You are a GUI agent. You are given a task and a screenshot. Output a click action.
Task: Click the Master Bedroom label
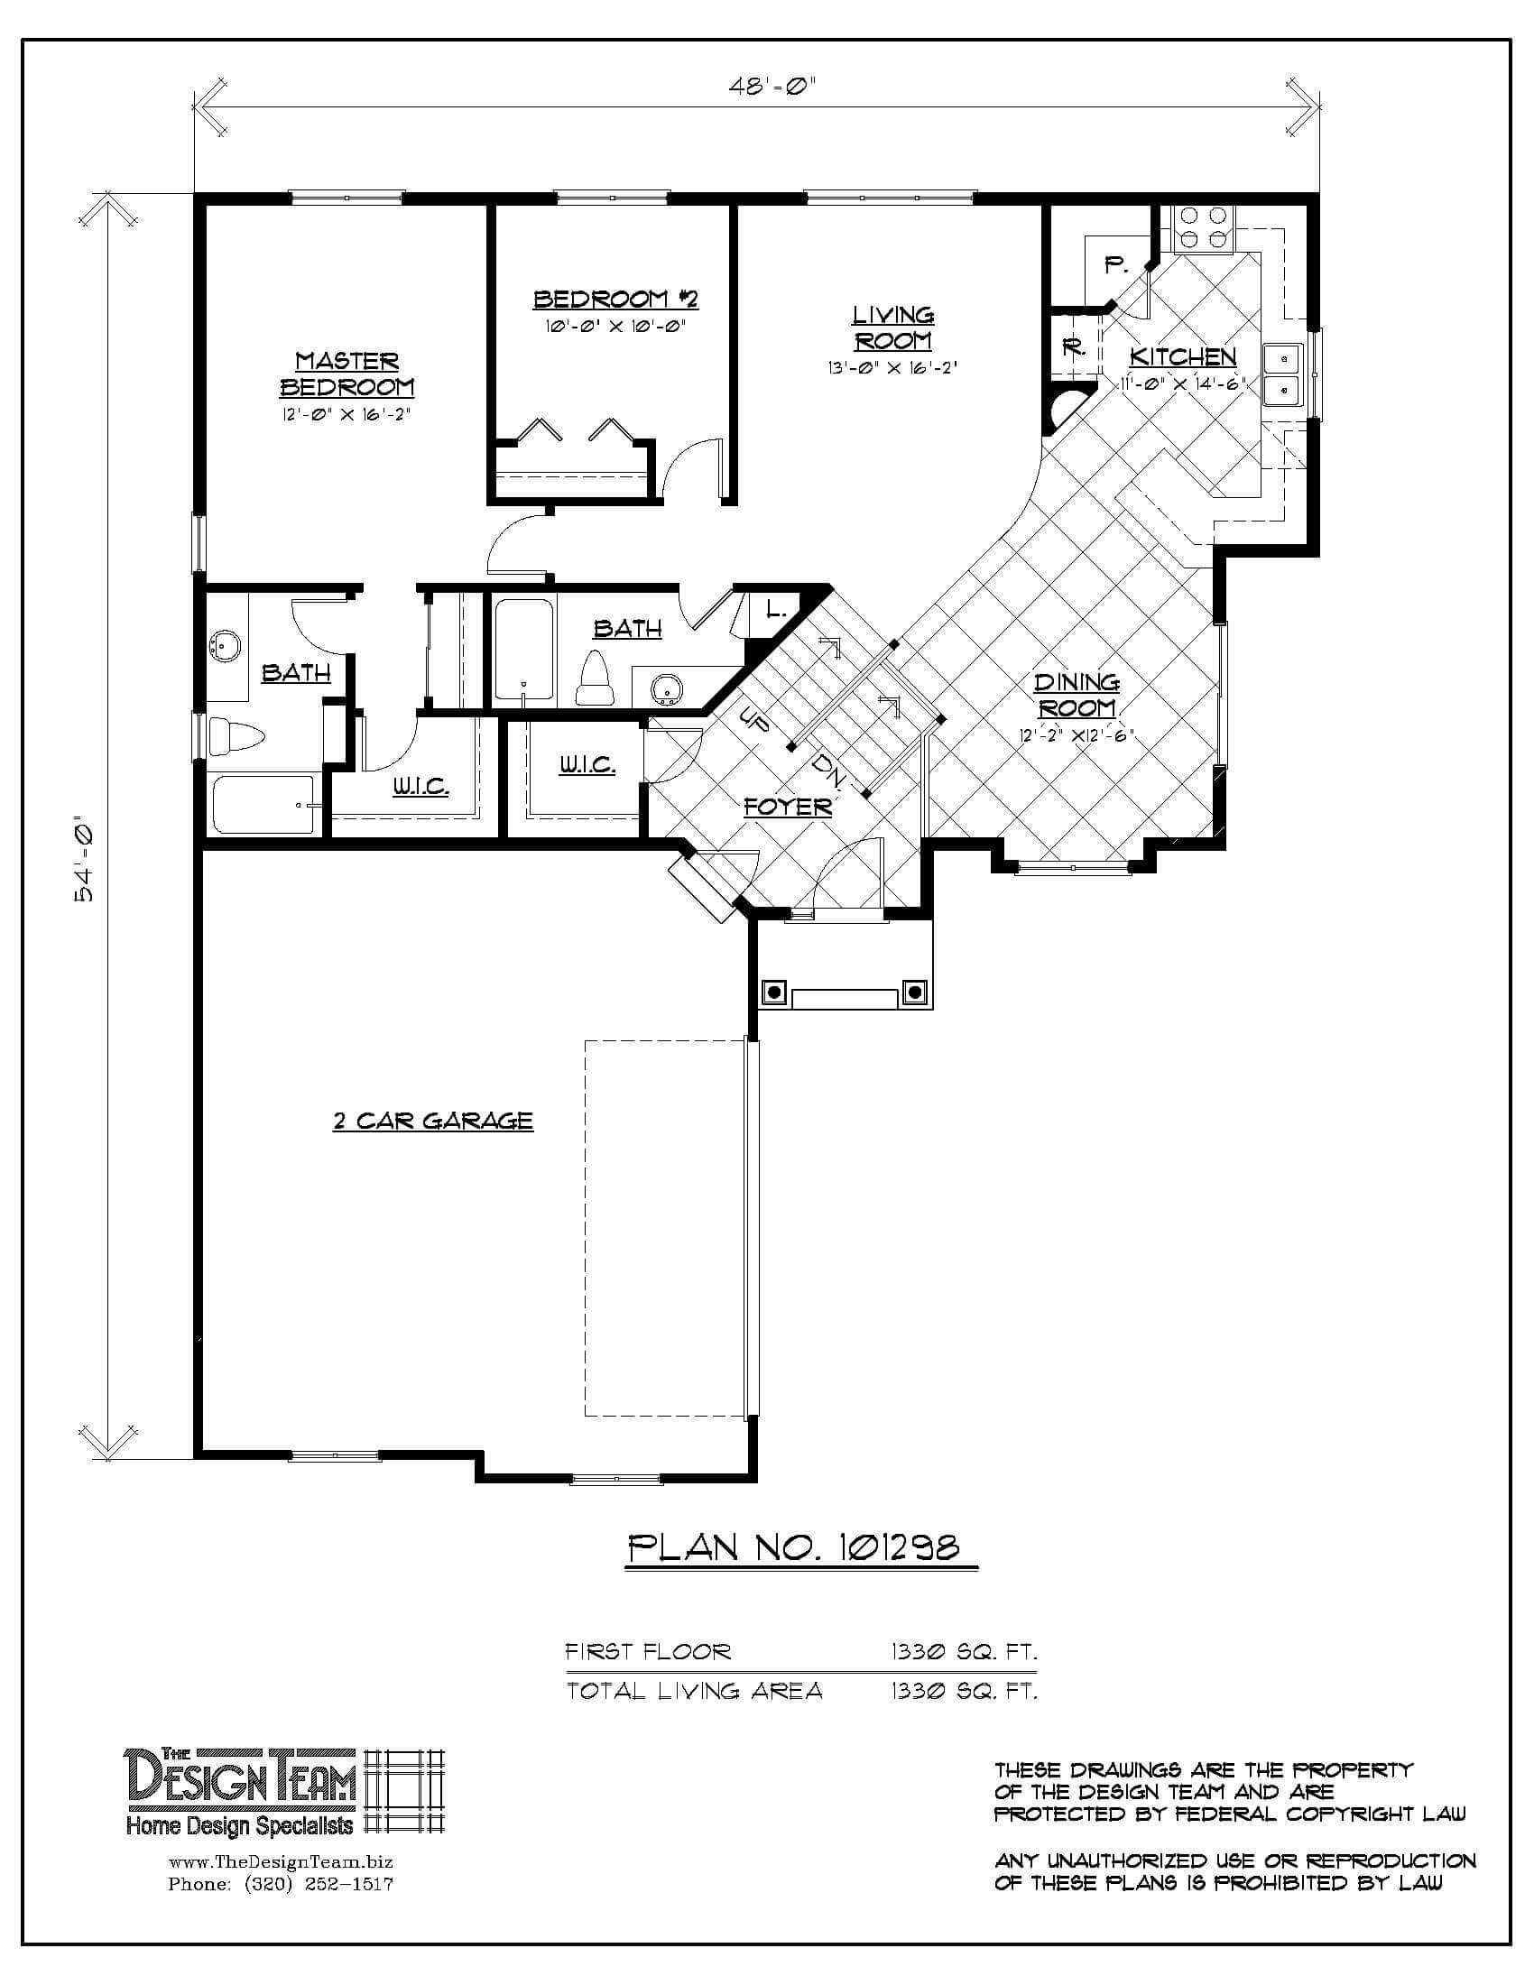tap(347, 374)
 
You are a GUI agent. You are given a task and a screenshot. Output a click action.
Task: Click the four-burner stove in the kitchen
tap(1201, 229)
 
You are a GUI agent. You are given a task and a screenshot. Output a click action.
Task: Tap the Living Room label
tap(893, 328)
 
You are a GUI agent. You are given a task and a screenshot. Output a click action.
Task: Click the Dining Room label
tap(1077, 695)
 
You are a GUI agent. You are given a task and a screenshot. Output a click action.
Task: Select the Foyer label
tap(788, 806)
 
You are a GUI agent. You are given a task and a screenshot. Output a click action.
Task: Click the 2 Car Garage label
tap(432, 1121)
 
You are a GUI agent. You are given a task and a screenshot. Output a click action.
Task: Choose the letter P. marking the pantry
tap(1116, 265)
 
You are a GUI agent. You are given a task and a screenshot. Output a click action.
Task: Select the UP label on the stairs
tap(754, 720)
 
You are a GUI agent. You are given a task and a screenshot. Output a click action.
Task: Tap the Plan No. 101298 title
tap(794, 1546)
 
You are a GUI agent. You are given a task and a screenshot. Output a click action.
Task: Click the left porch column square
tap(773, 992)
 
